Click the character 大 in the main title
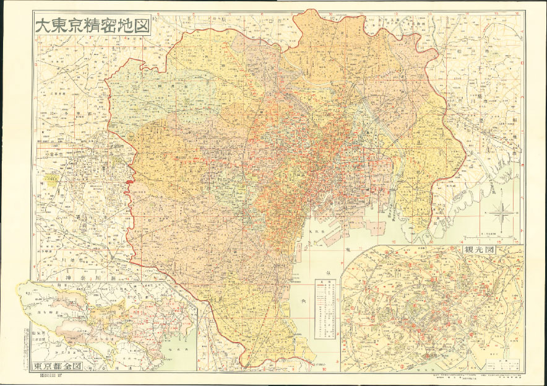click(x=41, y=27)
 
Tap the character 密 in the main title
click(x=112, y=27)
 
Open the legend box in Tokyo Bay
click(x=326, y=309)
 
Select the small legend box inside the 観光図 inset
click(x=502, y=362)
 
